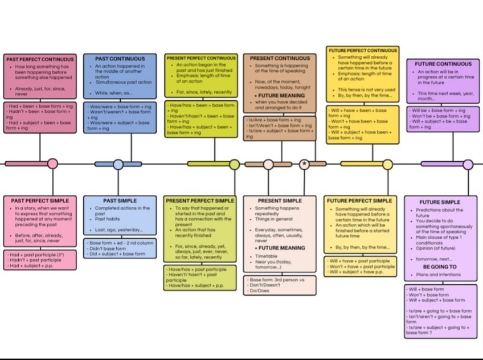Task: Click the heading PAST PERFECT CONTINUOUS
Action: click(x=40, y=59)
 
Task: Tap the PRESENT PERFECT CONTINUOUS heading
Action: click(x=201, y=58)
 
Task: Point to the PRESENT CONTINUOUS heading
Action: click(x=280, y=59)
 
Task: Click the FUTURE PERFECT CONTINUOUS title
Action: click(x=363, y=51)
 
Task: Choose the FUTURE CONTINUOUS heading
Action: click(x=443, y=64)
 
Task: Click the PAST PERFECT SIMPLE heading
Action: click(x=40, y=201)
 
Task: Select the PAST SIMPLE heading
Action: click(x=120, y=201)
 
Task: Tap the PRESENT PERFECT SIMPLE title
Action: click(x=200, y=201)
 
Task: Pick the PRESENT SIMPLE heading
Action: click(x=279, y=201)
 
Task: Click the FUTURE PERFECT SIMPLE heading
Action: click(x=359, y=201)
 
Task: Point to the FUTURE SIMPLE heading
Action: click(x=440, y=202)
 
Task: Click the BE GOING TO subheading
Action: click(x=440, y=267)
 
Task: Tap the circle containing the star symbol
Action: click(x=305, y=164)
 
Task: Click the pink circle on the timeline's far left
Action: click(x=52, y=164)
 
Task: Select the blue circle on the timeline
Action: click(x=118, y=165)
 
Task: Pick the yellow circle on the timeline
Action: click(x=387, y=165)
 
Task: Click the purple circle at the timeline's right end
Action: click(x=468, y=165)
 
